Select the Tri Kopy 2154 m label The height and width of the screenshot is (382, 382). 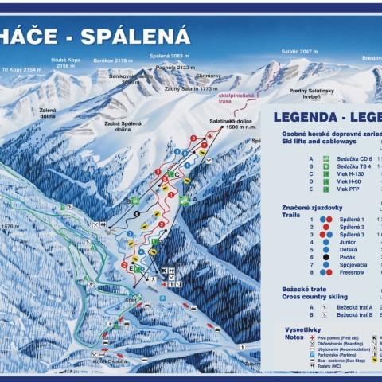21,70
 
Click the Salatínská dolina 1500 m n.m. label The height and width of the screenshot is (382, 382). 228,124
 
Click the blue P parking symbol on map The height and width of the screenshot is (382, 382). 162,298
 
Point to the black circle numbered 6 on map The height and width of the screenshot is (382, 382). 137,212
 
